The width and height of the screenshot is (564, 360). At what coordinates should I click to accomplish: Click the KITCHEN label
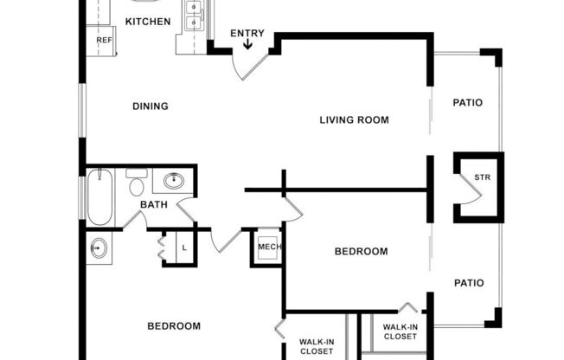148,22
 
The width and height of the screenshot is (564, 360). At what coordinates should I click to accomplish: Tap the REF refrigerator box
104,40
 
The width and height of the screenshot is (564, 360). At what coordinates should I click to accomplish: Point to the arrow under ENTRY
247,46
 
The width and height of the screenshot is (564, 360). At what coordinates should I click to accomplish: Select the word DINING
150,106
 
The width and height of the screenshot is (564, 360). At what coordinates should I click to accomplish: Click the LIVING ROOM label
354,119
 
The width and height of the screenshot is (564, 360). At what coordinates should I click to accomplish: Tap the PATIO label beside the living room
468,103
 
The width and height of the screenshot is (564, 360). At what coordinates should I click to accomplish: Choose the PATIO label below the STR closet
468,283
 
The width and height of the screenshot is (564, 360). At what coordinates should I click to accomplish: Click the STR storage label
482,178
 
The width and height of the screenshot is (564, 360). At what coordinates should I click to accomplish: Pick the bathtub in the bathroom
100,196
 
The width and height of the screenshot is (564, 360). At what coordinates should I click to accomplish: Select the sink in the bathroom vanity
174,181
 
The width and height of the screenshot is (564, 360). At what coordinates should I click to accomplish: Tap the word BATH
154,204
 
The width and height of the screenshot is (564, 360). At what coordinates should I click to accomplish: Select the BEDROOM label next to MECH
362,252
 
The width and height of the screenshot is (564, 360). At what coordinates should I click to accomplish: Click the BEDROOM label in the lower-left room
174,326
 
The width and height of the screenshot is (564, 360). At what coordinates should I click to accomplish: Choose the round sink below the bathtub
99,248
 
